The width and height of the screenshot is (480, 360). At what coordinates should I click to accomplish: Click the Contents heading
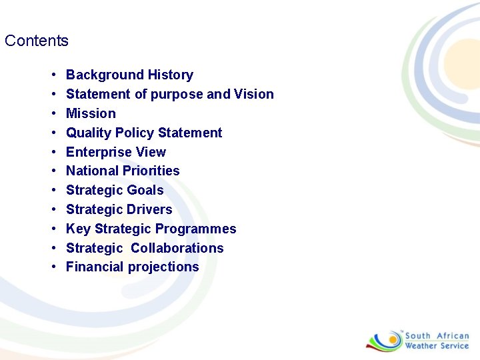(x=37, y=41)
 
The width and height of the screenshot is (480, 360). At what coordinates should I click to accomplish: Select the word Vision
(x=253, y=94)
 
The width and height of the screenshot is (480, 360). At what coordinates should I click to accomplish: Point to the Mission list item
(x=91, y=113)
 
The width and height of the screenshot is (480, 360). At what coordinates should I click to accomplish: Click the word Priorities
(x=152, y=171)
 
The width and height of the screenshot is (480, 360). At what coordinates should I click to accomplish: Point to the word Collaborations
(x=177, y=248)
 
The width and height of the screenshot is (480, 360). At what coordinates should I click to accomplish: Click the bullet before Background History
(x=52, y=75)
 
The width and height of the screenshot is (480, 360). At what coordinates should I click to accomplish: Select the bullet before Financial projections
(x=52, y=267)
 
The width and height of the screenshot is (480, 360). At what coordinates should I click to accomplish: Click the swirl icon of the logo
(x=384, y=340)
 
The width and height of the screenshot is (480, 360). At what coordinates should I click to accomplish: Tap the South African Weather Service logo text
(x=437, y=341)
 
